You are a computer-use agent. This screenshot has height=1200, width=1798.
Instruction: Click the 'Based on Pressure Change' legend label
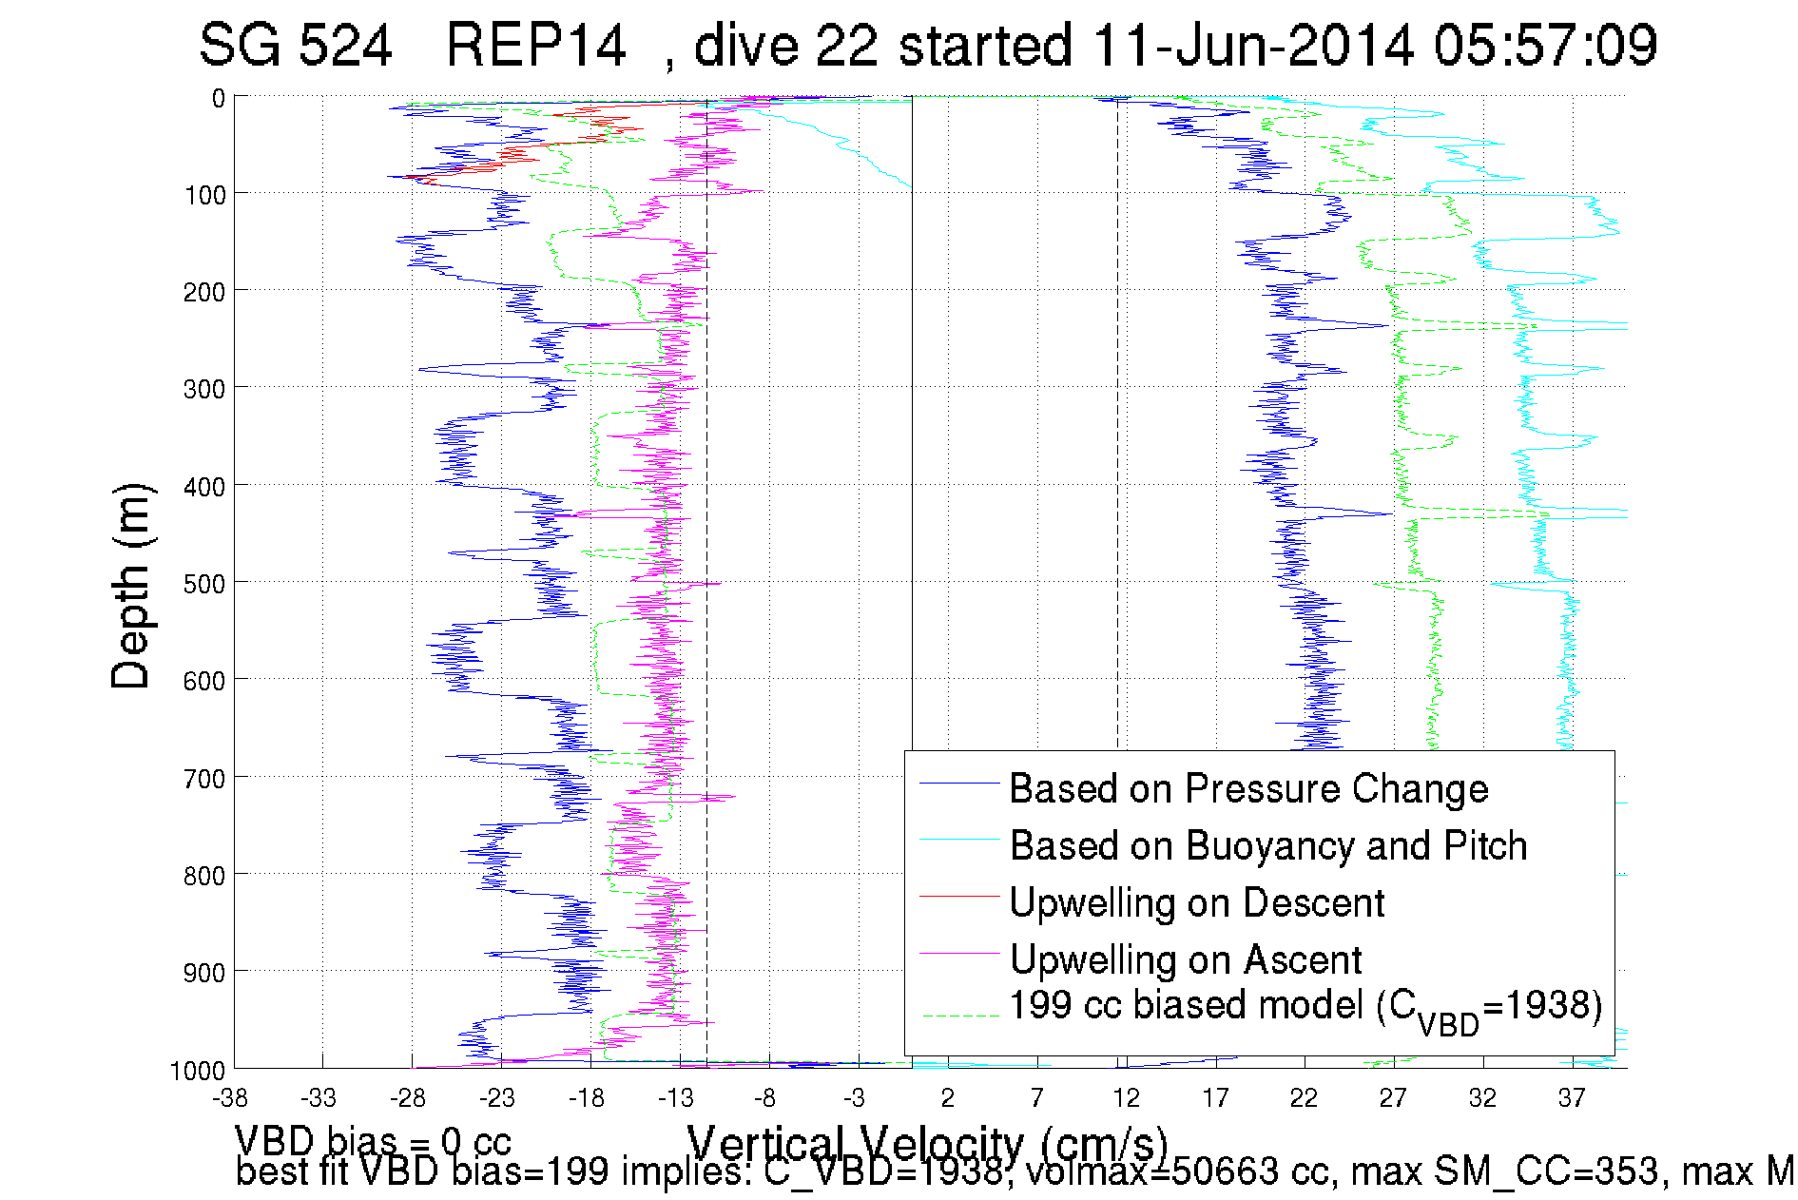[1248, 789]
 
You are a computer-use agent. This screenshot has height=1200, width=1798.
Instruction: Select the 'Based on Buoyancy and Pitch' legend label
[1267, 846]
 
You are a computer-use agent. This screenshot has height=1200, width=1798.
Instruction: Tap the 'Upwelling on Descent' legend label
[1196, 903]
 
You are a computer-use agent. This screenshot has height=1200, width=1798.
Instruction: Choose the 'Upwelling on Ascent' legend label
[1185, 960]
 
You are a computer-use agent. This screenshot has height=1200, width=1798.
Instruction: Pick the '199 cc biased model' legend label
[1305, 1008]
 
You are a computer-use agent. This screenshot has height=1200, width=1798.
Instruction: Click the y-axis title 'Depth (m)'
[131, 587]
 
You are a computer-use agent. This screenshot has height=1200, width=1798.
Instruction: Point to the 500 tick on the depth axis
[204, 584]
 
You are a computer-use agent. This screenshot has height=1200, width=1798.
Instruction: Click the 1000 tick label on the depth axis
[198, 1071]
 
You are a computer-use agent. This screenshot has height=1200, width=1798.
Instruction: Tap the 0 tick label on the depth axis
[219, 99]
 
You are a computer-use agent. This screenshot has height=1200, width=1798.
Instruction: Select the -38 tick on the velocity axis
[230, 1099]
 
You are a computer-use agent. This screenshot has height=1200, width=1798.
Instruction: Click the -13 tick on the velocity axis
[676, 1099]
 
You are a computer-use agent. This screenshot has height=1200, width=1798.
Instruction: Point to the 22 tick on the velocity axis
[1304, 1099]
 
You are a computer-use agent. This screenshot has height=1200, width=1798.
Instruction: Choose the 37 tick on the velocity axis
[1572, 1099]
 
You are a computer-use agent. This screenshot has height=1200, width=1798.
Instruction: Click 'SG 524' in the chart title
[296, 46]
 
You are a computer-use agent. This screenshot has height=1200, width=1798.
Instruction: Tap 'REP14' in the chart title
[535, 46]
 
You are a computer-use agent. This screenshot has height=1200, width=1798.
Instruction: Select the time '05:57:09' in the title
[1545, 46]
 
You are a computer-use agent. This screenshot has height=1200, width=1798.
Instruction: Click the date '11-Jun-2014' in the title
[1253, 46]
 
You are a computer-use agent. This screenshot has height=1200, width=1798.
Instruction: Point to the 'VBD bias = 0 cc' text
[373, 1140]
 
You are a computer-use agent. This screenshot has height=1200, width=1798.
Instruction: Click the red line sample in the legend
[959, 896]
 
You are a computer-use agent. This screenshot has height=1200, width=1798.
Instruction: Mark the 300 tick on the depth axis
[204, 389]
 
